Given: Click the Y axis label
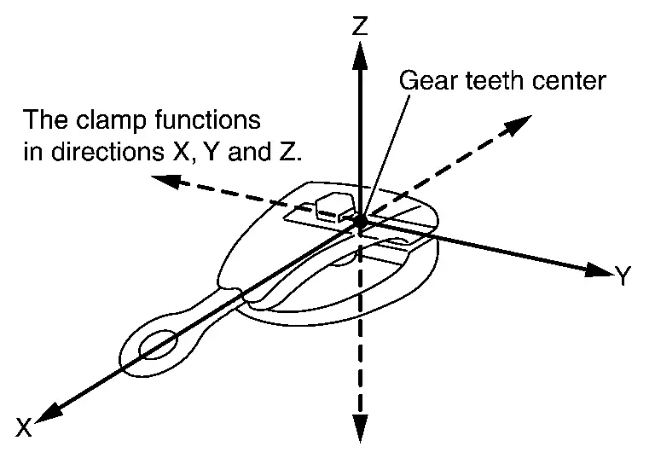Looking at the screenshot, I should [623, 275].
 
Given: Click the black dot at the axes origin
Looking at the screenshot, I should [362, 220].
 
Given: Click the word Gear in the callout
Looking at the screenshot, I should [422, 82].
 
